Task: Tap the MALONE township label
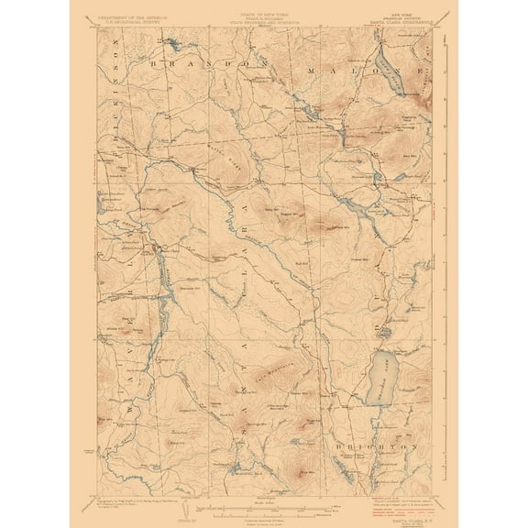pos(367,70)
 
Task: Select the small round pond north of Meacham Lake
pos(386,332)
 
